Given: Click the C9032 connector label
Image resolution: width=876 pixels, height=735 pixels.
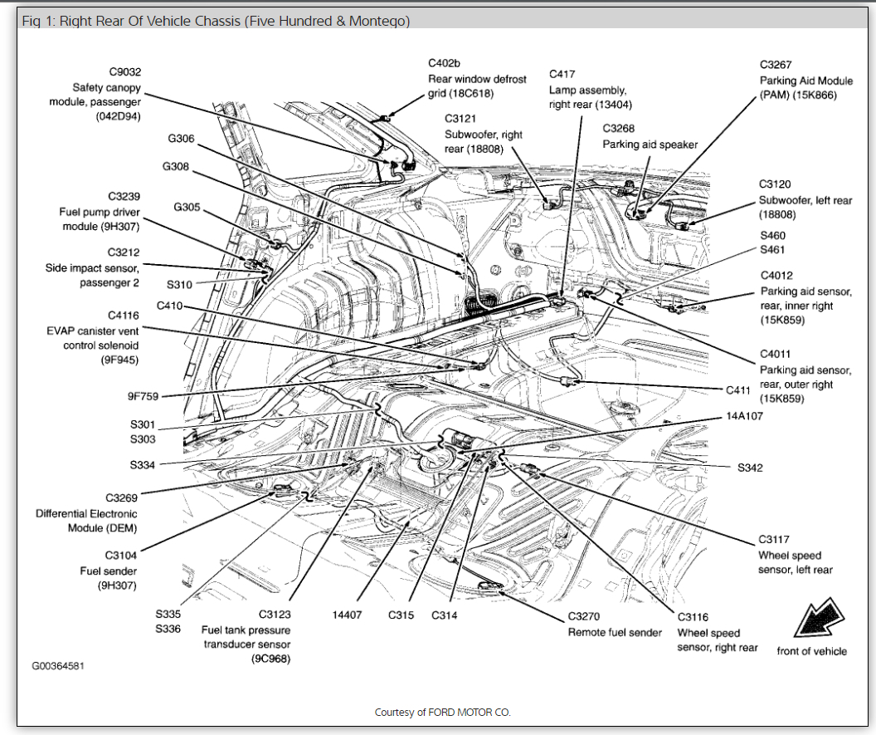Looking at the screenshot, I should point(124,71).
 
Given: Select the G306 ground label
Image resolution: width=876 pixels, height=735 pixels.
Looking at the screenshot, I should point(181,139).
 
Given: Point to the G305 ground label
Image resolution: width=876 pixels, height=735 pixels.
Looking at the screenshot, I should point(186,207).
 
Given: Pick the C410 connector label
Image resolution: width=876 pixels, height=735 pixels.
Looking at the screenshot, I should point(168,306).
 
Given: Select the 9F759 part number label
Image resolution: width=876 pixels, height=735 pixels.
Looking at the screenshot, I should point(142,396).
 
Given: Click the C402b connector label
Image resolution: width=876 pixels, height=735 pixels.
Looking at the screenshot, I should point(444,63).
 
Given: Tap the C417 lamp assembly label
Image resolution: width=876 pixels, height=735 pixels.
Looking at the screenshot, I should point(562,75).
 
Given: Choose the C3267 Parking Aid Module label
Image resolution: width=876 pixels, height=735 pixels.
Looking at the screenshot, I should point(776,65).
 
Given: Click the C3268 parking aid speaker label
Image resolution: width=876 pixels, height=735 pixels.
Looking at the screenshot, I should point(618,129).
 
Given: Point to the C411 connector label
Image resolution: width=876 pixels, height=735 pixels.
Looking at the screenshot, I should point(737,390).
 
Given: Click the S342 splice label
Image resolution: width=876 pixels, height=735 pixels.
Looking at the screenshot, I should point(750,468).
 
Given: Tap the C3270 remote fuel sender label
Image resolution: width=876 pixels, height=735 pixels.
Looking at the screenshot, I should point(584,617).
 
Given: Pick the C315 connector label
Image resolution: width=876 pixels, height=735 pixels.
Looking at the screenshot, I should point(401,615).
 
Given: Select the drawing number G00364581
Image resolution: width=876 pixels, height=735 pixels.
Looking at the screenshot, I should point(58,665).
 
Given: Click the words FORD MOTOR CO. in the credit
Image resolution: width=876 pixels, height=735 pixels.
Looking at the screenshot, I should point(470,712).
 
